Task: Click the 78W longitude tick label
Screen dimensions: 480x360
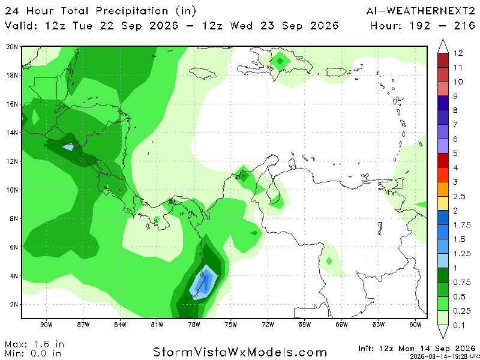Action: click(194, 325)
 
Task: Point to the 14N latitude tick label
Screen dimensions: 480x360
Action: click(13, 133)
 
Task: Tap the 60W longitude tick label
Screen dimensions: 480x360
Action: click(415, 325)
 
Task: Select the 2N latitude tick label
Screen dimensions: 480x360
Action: click(14, 305)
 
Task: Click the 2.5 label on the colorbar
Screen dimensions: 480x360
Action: click(460, 197)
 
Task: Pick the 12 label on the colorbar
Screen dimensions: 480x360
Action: click(458, 53)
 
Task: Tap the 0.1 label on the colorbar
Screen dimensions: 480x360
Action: click(460, 325)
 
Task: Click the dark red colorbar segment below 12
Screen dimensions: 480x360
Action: click(443, 61)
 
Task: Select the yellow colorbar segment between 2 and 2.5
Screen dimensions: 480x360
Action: click(443, 203)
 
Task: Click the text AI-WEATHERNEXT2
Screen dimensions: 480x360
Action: click(421, 11)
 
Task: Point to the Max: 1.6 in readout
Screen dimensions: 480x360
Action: click(35, 344)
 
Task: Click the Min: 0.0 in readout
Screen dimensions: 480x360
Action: click(33, 353)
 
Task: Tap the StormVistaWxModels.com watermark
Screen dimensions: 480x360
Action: click(239, 352)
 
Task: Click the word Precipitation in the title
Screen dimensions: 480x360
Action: click(132, 11)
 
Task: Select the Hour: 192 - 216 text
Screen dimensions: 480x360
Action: click(423, 25)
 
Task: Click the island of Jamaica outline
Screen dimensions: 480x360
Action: click(203, 73)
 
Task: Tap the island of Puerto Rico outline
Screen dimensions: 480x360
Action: click(336, 72)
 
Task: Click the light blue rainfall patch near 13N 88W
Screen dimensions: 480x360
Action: click(68, 147)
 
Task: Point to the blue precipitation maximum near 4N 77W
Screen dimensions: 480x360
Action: click(204, 282)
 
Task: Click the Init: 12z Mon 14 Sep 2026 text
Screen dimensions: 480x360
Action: click(416, 349)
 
